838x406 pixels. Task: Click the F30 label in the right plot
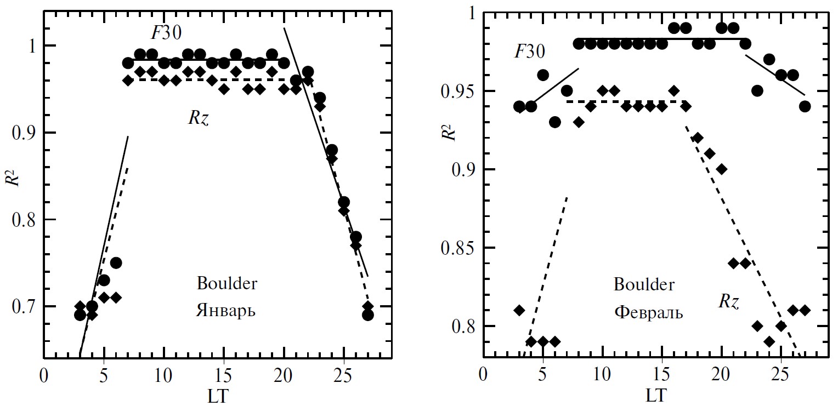click(529, 52)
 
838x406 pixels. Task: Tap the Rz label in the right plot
click(729, 301)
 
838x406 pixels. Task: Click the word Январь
click(225, 311)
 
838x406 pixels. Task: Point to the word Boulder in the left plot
click(227, 284)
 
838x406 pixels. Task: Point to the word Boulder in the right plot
click(644, 285)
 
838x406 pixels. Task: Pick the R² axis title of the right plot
click(449, 130)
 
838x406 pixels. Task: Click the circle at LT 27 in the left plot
click(367, 315)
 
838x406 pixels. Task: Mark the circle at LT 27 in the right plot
click(805, 106)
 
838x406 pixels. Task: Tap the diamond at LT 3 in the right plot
click(519, 311)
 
